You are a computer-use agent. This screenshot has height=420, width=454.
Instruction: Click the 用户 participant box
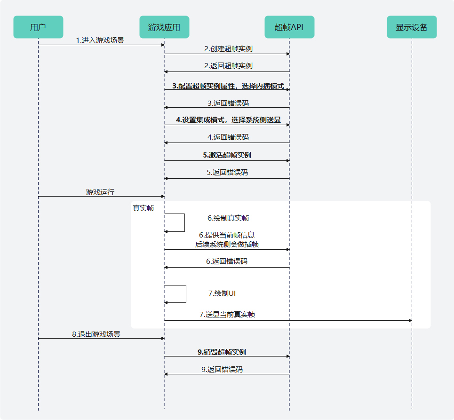pos(38,27)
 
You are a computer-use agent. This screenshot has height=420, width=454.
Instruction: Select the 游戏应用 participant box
pos(164,27)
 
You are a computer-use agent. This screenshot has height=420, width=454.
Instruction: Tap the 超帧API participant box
pos(289,27)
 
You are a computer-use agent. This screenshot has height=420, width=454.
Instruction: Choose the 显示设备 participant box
pos(412,27)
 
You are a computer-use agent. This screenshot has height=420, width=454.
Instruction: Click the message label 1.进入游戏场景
pos(100,40)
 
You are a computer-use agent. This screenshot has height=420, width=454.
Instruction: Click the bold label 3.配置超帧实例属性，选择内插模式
pos(228,86)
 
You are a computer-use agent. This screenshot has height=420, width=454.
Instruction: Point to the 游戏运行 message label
pos(100,192)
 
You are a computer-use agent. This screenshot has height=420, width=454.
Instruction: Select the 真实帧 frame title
pos(143,208)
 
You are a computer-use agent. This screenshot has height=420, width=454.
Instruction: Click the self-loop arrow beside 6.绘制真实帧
pos(184,222)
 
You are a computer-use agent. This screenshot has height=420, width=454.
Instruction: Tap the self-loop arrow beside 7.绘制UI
pos(185,293)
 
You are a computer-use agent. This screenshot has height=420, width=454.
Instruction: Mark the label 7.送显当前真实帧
pos(227,314)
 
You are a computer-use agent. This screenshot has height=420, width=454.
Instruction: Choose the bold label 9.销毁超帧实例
pos(222,352)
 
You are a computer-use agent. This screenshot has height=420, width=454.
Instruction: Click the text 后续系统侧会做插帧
pos(227,244)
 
